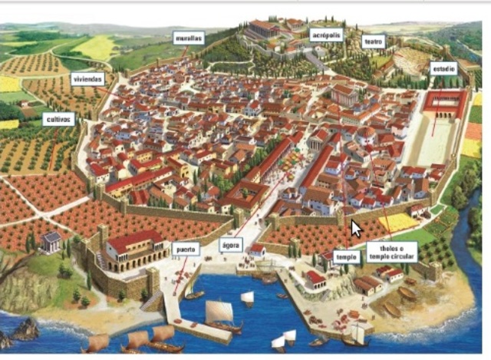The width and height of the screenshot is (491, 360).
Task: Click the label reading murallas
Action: pos(188,37)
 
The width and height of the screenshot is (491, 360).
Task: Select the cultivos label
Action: pos(59,119)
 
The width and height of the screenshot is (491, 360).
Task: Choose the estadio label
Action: pos(443,68)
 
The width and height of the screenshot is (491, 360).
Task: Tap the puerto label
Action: pos(186,249)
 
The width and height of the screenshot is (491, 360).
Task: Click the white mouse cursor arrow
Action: pos(355,228)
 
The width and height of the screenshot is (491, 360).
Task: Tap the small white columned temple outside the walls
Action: pos(51,242)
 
